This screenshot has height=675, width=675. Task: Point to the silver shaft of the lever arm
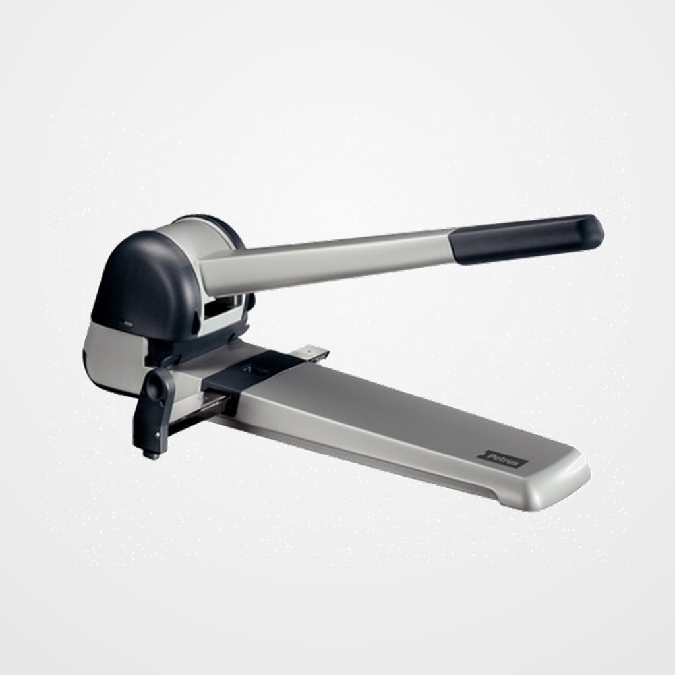(330, 258)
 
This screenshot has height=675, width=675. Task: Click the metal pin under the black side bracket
(153, 454)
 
